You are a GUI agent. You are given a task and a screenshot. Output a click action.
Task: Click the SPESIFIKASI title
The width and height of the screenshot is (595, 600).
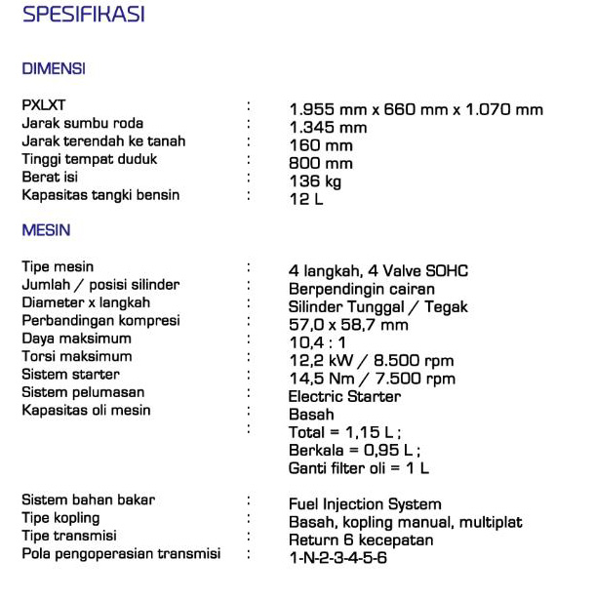coord(83,15)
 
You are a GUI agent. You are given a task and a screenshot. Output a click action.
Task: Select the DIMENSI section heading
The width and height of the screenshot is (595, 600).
coord(54,69)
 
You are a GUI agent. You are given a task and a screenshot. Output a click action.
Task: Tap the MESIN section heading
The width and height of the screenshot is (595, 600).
coord(46,230)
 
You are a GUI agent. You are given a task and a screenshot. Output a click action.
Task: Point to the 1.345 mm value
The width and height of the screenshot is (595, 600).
coord(328,128)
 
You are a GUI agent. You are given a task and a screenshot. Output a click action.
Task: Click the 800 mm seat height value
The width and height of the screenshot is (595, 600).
coord(321,164)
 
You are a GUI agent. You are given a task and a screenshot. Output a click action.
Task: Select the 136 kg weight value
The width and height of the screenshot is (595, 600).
coord(315,181)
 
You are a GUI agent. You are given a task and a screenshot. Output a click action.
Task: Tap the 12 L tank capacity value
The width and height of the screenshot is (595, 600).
coord(305,200)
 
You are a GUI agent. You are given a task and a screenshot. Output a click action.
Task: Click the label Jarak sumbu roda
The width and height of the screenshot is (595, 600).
coord(83,123)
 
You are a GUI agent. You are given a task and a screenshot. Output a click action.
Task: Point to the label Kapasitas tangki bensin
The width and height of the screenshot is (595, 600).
coord(100,195)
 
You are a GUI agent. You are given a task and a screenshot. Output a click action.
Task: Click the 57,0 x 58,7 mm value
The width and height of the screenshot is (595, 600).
coord(348,325)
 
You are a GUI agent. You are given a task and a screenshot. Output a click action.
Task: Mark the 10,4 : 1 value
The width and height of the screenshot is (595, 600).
coord(319,343)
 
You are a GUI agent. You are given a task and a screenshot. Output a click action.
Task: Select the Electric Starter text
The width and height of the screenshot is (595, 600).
coord(344,397)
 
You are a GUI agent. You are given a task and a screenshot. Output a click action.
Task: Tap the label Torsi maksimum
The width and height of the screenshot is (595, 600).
coord(77,356)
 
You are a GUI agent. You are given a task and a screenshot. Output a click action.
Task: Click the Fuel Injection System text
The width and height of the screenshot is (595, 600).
coord(365,504)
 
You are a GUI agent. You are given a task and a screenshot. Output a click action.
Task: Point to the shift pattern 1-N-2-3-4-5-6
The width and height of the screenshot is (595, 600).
coord(337,558)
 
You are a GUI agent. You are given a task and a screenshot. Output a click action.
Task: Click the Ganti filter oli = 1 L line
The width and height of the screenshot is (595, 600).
coord(359,468)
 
